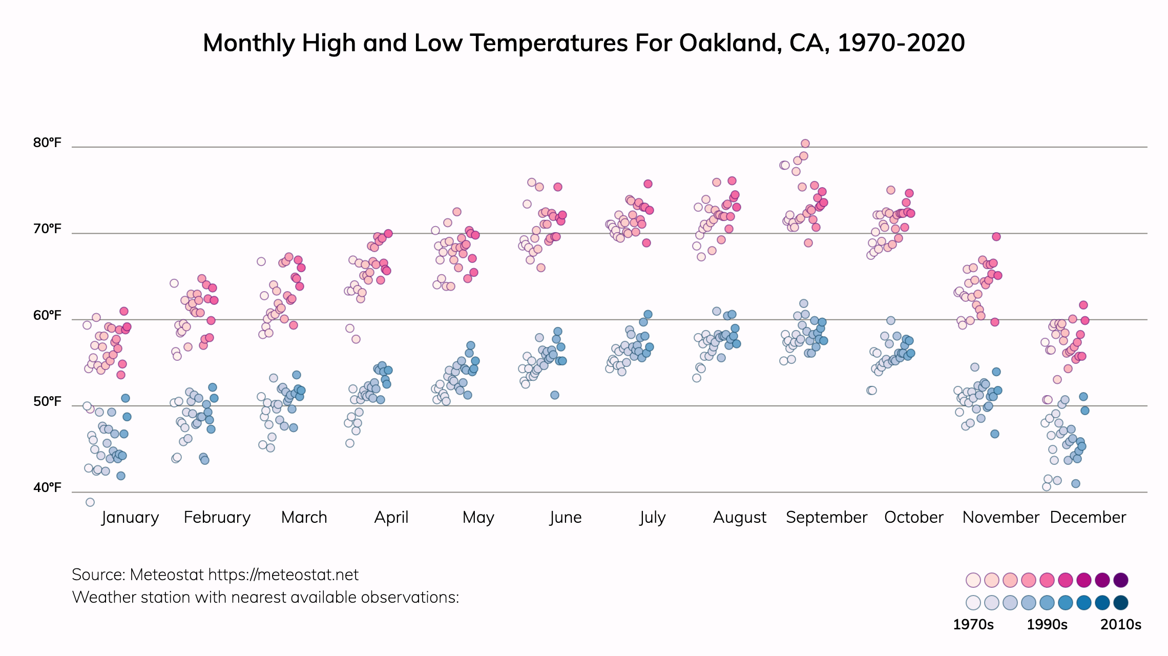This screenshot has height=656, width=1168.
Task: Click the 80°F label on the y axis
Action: (47, 142)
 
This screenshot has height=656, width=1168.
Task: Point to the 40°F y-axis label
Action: (47, 487)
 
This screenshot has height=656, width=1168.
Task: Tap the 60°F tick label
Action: (47, 315)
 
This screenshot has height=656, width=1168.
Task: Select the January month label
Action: (130, 517)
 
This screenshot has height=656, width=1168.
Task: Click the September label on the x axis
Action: (826, 517)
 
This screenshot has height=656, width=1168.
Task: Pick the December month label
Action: (1088, 517)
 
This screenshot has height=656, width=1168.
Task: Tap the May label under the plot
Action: (478, 517)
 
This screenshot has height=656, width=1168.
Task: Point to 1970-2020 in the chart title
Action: (901, 43)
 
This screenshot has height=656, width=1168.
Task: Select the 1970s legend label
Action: (973, 624)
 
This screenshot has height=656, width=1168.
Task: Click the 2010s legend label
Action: (1121, 624)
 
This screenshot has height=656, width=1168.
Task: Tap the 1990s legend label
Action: (1047, 624)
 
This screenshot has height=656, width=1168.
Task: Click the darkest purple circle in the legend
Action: (1121, 580)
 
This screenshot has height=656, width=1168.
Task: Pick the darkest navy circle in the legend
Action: (1121, 603)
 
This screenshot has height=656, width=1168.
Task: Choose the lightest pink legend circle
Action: (973, 580)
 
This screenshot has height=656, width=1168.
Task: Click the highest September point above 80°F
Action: (805, 143)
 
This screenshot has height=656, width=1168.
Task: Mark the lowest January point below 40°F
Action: (90, 502)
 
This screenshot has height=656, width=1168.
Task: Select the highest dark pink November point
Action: (996, 237)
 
